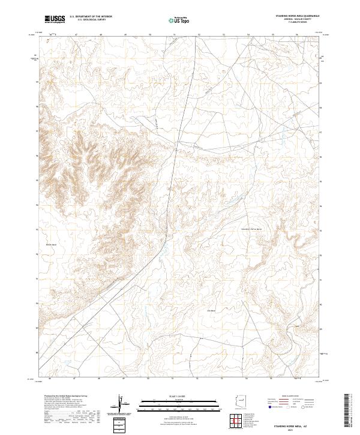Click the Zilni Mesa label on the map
click(211, 310)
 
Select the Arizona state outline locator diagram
click(240, 401)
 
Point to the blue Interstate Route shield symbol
click(270, 406)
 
